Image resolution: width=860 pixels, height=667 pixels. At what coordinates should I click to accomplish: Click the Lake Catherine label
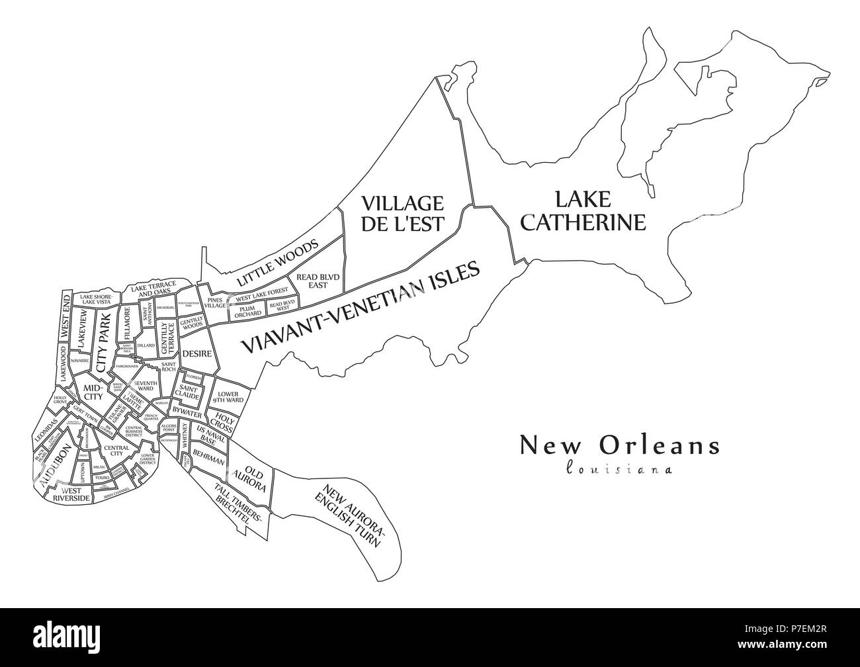582,210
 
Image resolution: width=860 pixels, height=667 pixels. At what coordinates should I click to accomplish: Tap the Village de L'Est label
402,213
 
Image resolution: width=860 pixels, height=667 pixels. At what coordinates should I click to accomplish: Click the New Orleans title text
619,445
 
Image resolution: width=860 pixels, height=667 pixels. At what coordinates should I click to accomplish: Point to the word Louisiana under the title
619,469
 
